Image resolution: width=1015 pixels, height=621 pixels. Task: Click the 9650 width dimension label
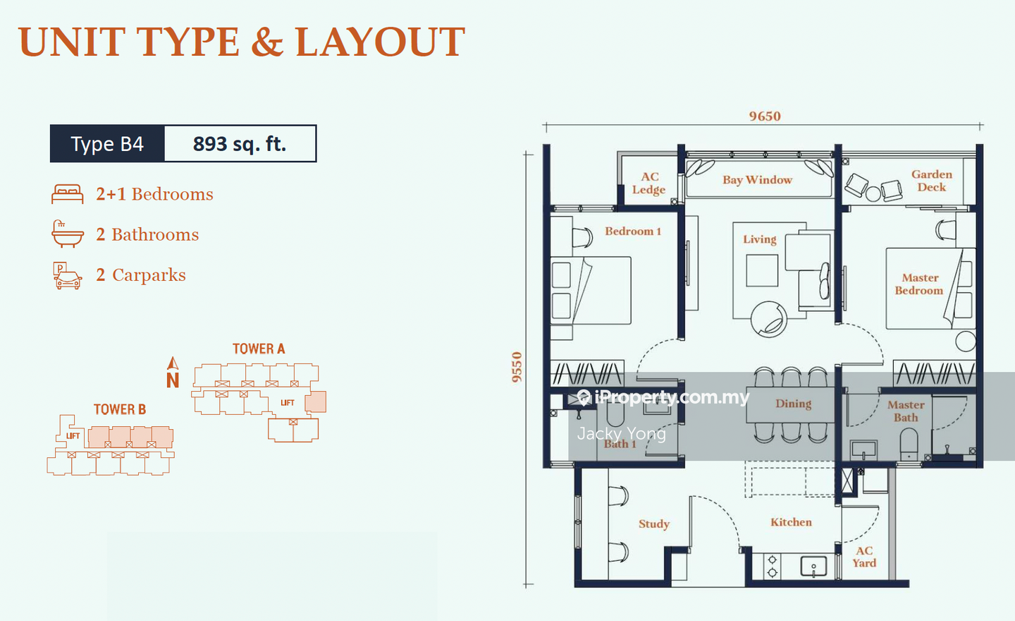[x=764, y=116]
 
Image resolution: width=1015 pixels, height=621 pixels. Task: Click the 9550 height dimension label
[x=517, y=367]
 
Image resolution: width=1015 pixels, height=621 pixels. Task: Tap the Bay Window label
[x=757, y=180]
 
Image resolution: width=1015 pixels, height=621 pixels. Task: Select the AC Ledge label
[x=649, y=183]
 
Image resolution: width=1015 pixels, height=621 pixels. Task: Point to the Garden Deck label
[x=932, y=181]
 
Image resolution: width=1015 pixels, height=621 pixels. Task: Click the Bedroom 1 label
[x=633, y=231]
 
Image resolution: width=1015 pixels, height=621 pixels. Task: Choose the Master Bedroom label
[x=919, y=284]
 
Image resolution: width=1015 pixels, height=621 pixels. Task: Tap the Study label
[x=654, y=524]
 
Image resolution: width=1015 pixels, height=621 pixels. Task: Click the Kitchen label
[x=791, y=522]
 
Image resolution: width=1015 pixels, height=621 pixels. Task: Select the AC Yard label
[x=864, y=557]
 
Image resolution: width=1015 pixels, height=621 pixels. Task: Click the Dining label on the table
[x=794, y=404]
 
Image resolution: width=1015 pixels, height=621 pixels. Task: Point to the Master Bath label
[x=906, y=411]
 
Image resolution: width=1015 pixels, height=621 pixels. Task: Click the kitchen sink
[x=813, y=567]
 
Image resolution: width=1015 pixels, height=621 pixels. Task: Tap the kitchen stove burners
[x=772, y=567]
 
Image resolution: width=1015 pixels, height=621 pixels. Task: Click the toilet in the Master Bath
[x=909, y=445]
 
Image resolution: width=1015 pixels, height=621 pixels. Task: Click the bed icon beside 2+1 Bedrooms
[x=68, y=194]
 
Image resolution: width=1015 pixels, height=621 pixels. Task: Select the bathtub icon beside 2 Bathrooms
[x=68, y=234]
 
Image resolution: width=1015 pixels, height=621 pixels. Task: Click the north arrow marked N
[x=173, y=373]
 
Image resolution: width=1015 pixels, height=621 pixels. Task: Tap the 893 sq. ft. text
[x=240, y=144]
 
